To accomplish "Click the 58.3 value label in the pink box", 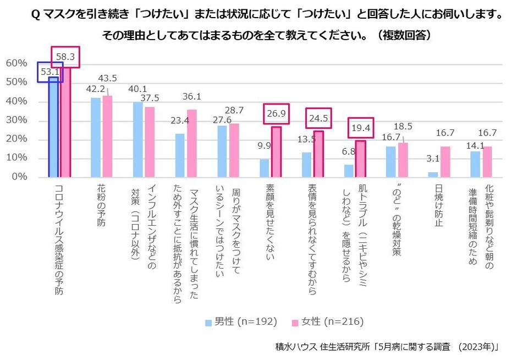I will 65,56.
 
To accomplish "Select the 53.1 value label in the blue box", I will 50,72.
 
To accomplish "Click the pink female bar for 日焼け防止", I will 446,162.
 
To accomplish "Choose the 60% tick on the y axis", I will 16,63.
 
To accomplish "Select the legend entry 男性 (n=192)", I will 240,321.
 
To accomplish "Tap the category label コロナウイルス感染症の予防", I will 58,239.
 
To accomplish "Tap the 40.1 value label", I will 137,90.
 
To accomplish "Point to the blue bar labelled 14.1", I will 475,164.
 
